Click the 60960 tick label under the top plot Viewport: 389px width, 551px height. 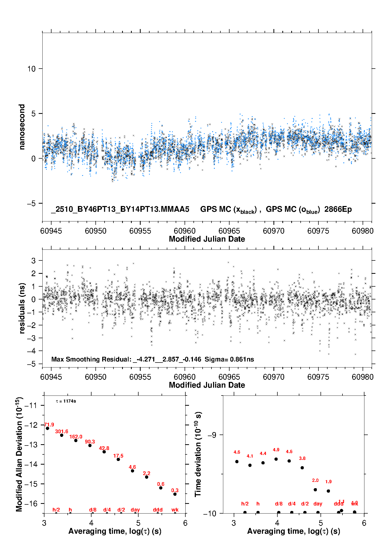point(185,231)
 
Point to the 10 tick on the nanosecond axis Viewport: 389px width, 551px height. point(31,69)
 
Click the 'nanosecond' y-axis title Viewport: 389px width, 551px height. point(22,127)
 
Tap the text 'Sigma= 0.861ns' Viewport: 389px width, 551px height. point(229,359)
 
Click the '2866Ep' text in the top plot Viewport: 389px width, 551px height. point(338,209)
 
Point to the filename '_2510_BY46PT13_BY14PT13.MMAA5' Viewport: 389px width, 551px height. point(120,209)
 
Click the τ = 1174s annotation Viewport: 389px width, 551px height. point(66,401)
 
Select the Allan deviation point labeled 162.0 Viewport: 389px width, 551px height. point(76,441)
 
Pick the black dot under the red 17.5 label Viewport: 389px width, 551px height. point(118,459)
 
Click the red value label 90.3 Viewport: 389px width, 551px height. point(90,442)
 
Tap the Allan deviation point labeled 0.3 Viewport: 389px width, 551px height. point(175,494)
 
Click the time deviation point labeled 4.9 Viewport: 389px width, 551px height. point(276,459)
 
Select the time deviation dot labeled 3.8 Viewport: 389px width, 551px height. point(302,468)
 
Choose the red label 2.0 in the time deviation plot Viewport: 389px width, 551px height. point(315,480)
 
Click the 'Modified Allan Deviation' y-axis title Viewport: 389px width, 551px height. point(19,454)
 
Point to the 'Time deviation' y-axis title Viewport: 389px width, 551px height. point(198,454)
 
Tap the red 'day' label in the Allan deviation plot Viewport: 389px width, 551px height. point(135,510)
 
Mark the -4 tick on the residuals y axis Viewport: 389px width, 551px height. point(31,351)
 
